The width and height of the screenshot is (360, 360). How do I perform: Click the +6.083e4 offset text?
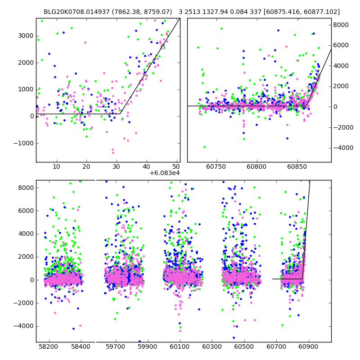[165, 172]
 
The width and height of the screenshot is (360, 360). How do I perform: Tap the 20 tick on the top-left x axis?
[86, 167]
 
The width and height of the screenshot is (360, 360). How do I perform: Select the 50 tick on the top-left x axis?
[176, 167]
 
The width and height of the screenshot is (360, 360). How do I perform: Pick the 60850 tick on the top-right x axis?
[298, 167]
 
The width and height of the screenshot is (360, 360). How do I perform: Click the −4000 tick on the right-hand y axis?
[343, 148]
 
